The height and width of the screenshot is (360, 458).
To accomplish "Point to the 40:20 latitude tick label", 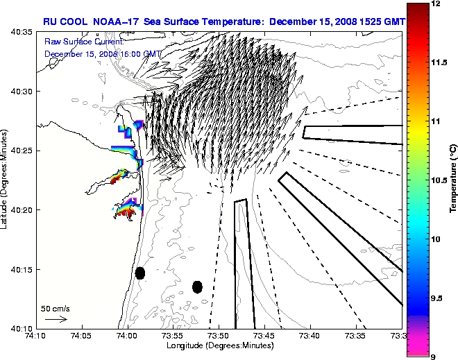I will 19,209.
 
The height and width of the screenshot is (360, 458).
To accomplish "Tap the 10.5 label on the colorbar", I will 439,180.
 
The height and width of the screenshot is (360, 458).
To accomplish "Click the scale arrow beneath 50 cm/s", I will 56,319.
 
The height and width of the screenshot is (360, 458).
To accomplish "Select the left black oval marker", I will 140,273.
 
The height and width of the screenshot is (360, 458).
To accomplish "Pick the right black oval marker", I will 197,286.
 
